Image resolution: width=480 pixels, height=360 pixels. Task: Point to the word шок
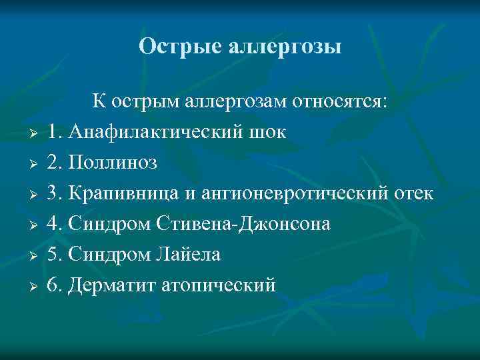(x=269, y=132)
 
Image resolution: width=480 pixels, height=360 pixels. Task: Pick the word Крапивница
(x=124, y=193)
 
